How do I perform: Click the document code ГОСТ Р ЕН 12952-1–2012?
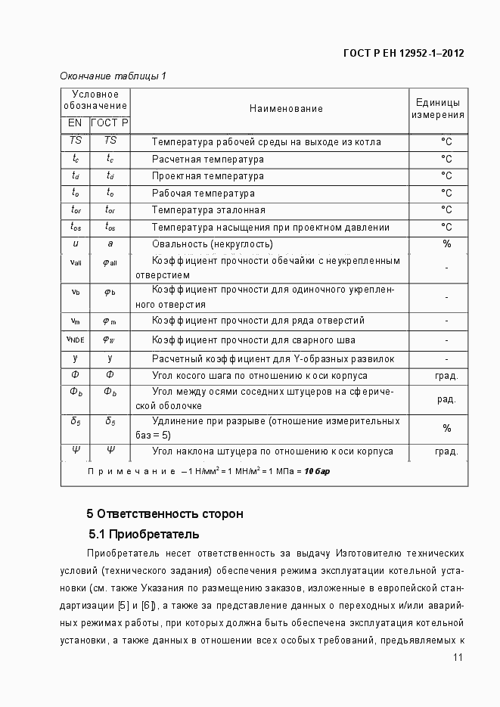[x=403, y=53]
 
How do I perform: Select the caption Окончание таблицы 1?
[x=113, y=76]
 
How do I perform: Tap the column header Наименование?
[x=286, y=109]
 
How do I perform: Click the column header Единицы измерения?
[x=438, y=109]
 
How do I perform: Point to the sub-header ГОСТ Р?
[x=110, y=122]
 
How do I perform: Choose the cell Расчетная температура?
[x=207, y=160]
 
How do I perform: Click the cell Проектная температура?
[x=207, y=176]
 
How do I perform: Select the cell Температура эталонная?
[x=208, y=210]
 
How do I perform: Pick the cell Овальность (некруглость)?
[x=212, y=244]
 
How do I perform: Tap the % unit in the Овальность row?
[x=446, y=244]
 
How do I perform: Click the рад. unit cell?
[x=446, y=399]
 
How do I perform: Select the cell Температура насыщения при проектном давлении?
[x=270, y=228]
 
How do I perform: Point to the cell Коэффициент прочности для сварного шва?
[x=253, y=340]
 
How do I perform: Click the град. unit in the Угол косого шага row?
[x=446, y=376]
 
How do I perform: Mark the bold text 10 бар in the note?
[x=317, y=471]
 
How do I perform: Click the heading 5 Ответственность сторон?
[x=165, y=514]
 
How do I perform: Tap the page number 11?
[x=458, y=658]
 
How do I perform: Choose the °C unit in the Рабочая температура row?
[x=446, y=194]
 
